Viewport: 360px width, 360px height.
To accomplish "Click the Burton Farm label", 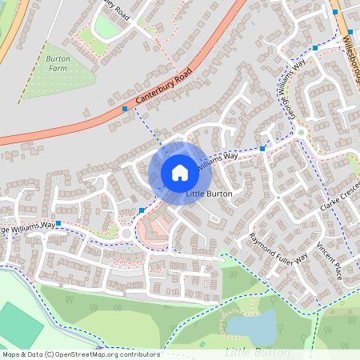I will click(x=57, y=64).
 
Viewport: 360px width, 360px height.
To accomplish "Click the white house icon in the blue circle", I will click(x=179, y=173).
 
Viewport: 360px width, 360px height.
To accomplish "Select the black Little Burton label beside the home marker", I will click(x=209, y=194).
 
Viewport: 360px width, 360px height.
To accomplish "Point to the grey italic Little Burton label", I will click(x=257, y=352).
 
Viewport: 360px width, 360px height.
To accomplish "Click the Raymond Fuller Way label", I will click(x=278, y=250).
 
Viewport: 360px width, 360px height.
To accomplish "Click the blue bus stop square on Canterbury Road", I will click(x=125, y=108).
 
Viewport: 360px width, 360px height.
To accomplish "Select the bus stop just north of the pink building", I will click(x=142, y=210).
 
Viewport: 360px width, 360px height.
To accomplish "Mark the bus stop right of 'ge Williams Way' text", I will click(x=58, y=224).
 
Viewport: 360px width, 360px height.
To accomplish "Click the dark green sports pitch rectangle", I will click(x=20, y=325).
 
